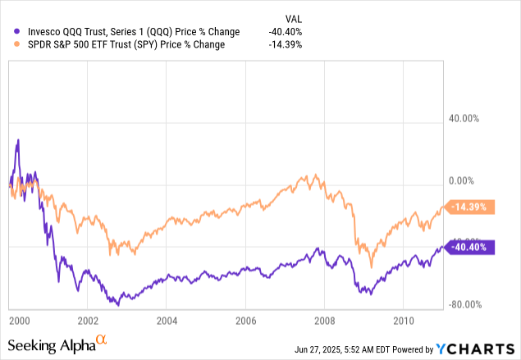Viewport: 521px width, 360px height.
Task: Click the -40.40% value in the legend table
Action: [285, 31]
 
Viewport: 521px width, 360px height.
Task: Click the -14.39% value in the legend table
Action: [285, 44]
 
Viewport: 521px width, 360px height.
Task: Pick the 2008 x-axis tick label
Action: [326, 319]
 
